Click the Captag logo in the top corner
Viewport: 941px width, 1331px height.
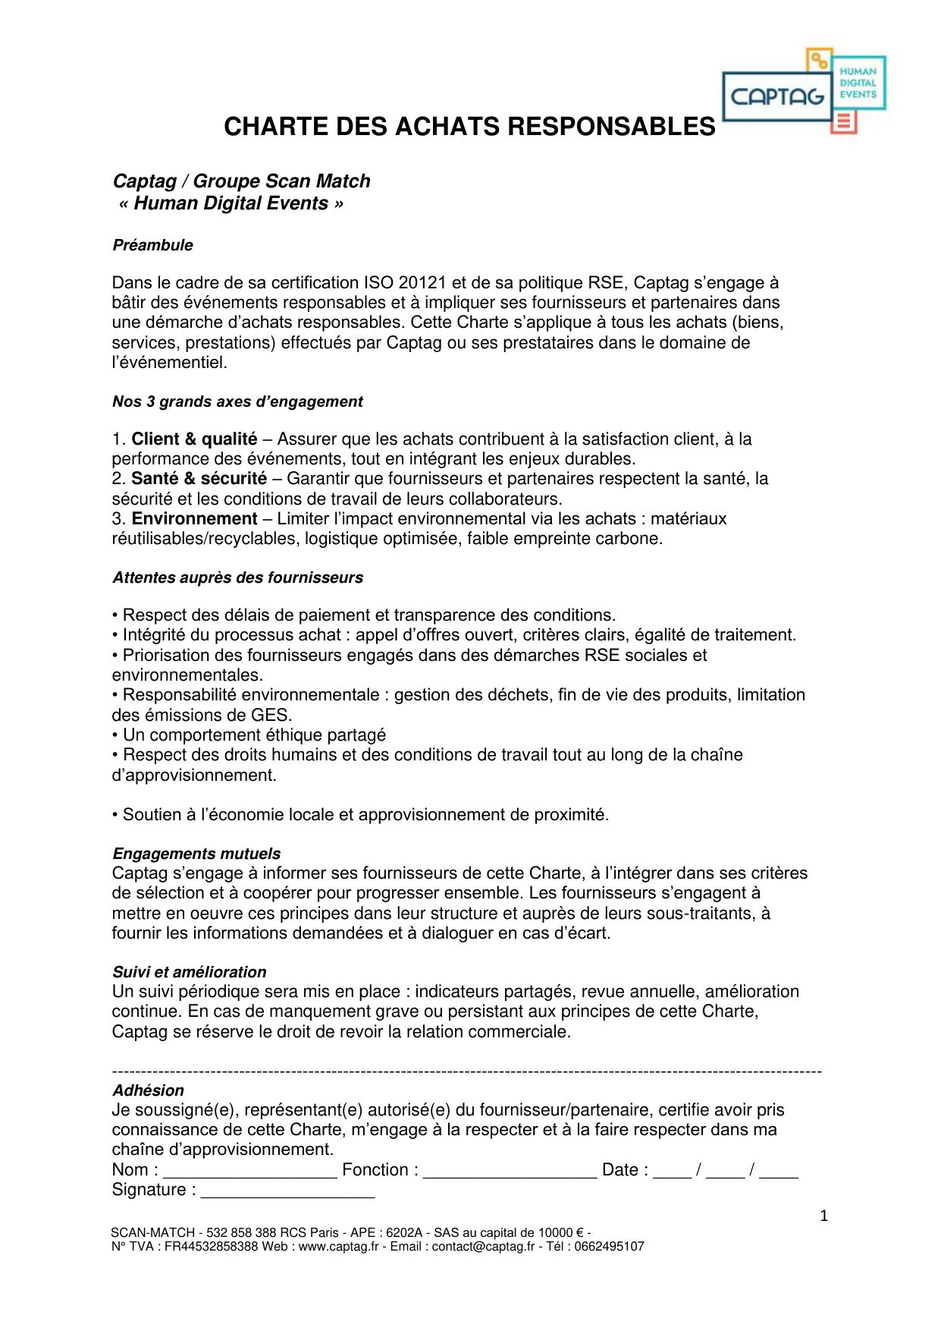click(x=803, y=92)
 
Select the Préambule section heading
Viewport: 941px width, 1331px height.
click(x=152, y=245)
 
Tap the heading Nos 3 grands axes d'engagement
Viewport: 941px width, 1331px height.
click(x=237, y=401)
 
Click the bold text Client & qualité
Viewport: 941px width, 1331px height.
click(x=194, y=439)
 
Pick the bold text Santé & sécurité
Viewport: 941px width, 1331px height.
click(x=199, y=479)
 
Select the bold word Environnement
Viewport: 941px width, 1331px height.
click(x=194, y=519)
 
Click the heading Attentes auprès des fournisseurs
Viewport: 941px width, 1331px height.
click(x=237, y=577)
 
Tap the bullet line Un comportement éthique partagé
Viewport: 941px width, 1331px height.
click(x=253, y=735)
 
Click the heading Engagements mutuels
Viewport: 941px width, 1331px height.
click(x=196, y=854)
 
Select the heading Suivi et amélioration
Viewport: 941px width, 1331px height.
click(x=189, y=972)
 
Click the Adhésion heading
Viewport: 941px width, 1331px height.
click(x=148, y=1090)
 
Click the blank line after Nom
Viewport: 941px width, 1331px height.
click(x=250, y=1172)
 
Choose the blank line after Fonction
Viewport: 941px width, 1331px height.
click(x=510, y=1172)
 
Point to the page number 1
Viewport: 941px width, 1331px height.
click(x=823, y=1216)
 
